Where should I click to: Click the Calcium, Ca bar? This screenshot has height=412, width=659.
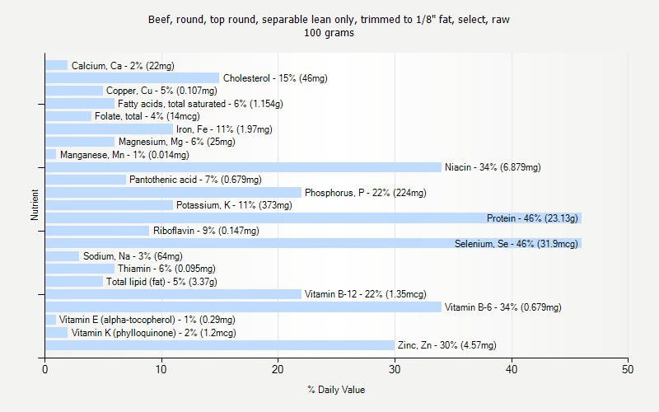tap(56, 65)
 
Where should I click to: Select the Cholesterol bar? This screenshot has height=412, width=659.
tap(132, 78)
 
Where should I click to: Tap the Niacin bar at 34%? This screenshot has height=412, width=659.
tap(243, 167)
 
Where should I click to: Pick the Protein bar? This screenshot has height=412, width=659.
tap(313, 218)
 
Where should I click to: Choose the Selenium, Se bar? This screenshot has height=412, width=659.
tap(313, 244)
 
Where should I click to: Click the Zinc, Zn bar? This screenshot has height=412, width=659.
tap(220, 345)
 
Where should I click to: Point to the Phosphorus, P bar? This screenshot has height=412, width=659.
tap(173, 193)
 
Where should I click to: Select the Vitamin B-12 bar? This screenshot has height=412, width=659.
tap(173, 294)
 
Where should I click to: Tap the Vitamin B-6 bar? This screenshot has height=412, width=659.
tap(243, 307)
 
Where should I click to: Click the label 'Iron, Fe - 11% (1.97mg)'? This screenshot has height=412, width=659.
tap(224, 129)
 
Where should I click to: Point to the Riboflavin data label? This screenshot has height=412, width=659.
tap(206, 231)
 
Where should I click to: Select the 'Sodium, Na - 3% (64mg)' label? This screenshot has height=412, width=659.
tap(133, 256)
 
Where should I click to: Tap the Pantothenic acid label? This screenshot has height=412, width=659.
tap(195, 180)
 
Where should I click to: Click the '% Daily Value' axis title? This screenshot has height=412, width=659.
tap(336, 390)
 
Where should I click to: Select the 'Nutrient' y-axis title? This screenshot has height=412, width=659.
tap(35, 205)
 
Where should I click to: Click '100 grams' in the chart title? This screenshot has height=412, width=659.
tap(329, 34)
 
